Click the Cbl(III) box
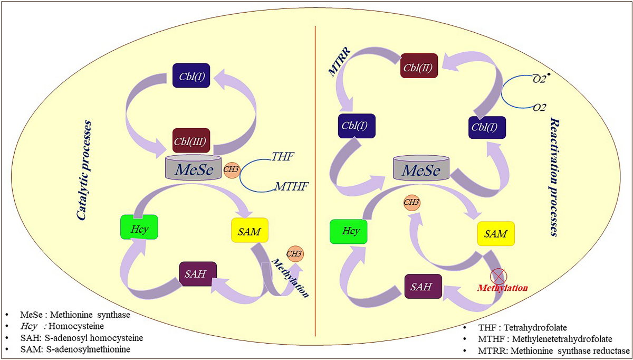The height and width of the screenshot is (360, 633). tap(191, 140)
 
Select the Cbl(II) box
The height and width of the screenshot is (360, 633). tap(419, 65)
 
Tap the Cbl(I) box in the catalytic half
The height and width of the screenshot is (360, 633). tap(191, 75)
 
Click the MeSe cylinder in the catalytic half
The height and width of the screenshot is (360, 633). tap(193, 167)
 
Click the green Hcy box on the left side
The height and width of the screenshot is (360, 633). tap(139, 227)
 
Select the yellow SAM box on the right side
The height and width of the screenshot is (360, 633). tap(496, 234)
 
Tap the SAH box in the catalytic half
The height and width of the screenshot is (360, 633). tap(198, 274)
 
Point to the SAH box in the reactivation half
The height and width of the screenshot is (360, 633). tap(423, 286)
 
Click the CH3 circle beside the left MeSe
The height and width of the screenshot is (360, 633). tap(232, 169)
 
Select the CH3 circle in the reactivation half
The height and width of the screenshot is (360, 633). tap(412, 203)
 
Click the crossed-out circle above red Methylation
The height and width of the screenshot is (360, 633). tap(498, 277)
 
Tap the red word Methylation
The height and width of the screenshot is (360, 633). tap(502, 288)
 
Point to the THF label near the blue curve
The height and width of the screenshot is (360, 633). tap(283, 156)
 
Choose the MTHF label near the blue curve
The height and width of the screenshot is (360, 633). tap(292, 186)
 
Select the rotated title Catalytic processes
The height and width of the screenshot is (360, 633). tap(84, 170)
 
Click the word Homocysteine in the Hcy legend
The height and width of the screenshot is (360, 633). tap(76, 326)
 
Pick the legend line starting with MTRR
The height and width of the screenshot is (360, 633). tap(554, 350)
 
